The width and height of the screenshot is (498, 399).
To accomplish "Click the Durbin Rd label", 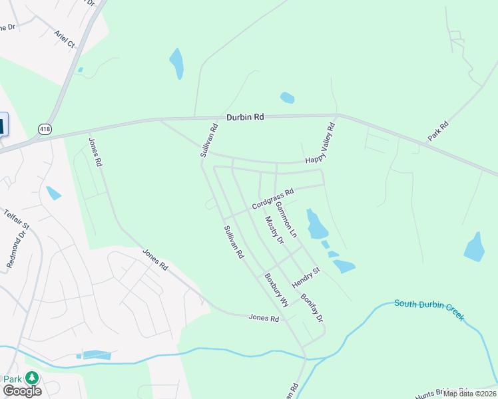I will (245, 117).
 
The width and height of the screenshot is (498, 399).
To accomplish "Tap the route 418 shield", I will (45, 129).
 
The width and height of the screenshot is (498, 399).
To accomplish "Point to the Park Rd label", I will (438, 131).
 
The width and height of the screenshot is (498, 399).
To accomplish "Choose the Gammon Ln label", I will (286, 221).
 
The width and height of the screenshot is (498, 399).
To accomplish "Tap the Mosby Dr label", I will (274, 230).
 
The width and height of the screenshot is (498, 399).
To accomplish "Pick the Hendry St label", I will (306, 278).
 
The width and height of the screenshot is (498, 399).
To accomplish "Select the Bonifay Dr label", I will (312, 308).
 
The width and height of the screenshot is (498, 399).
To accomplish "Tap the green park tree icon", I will (31, 378).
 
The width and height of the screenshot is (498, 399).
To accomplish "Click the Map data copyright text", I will (469, 394).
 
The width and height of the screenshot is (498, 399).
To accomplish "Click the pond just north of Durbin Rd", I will (287, 98).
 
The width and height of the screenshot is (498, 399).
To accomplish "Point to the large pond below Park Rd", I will (475, 247).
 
